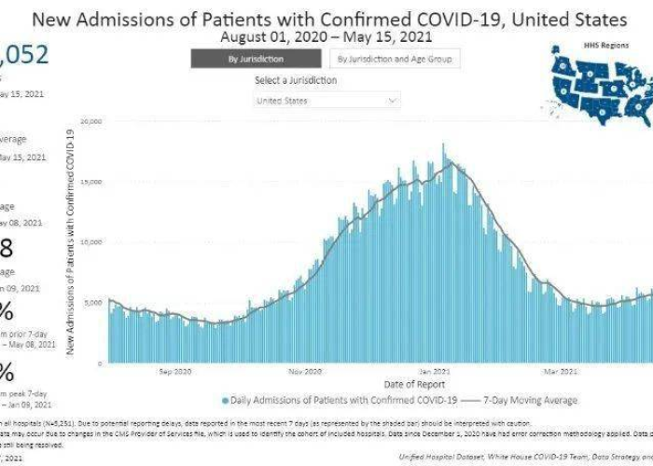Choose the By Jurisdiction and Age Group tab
(395, 59)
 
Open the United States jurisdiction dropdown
(327, 100)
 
